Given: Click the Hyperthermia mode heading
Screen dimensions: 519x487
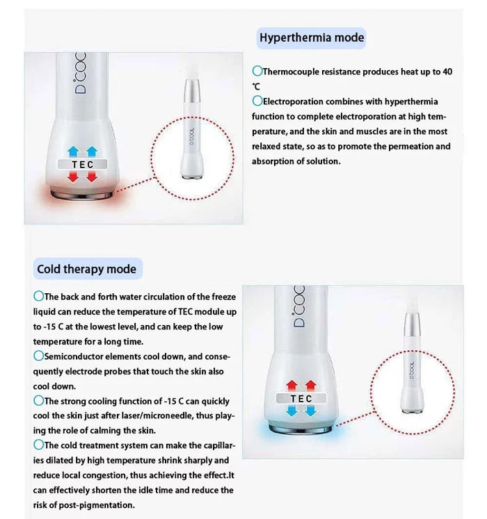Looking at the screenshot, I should pyautogui.click(x=311, y=38).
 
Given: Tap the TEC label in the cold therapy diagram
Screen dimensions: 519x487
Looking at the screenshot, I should pyautogui.click(x=301, y=399).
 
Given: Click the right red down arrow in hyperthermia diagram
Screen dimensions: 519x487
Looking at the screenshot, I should pyautogui.click(x=91, y=179).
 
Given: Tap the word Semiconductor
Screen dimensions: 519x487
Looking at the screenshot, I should pyautogui.click(x=73, y=356).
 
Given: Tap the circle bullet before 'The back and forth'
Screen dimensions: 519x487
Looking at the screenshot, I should pyautogui.click(x=38, y=297).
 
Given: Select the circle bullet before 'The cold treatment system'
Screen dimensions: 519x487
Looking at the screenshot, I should pyautogui.click(x=38, y=445).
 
